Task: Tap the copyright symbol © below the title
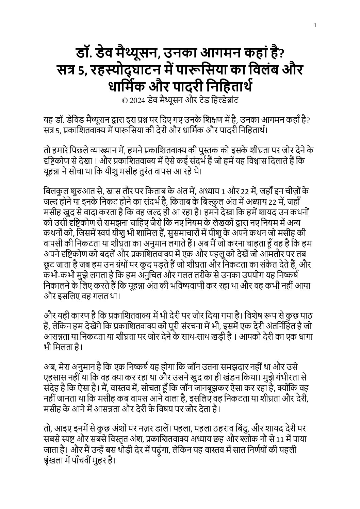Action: click(x=125, y=101)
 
